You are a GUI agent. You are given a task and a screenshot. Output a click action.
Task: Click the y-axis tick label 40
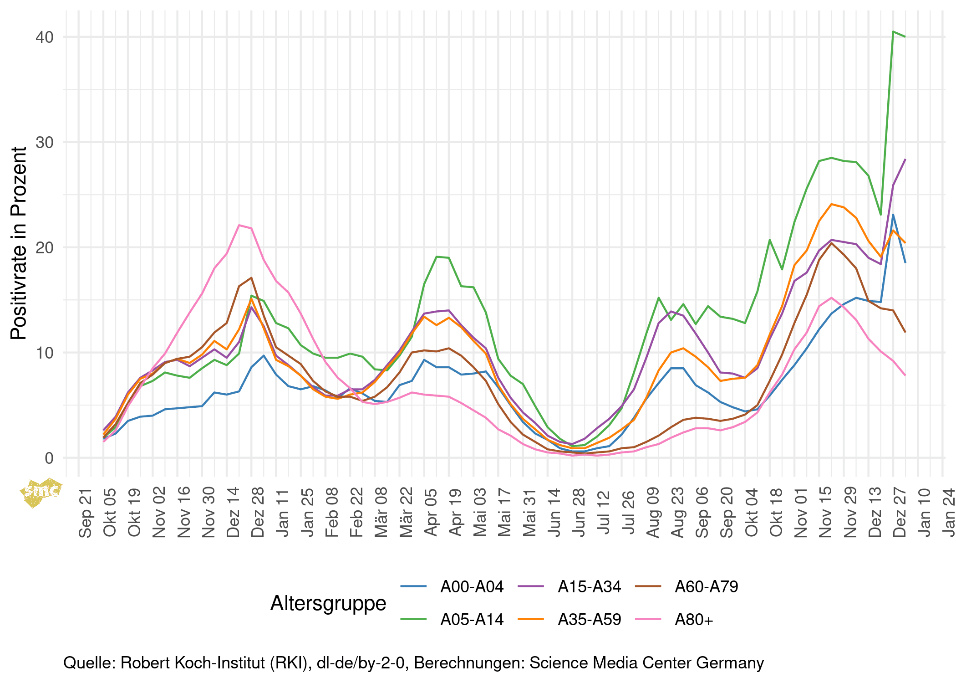[x=44, y=37]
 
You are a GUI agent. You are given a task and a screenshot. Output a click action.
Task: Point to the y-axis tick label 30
[x=44, y=142]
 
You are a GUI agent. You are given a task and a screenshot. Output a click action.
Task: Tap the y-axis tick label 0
[x=49, y=458]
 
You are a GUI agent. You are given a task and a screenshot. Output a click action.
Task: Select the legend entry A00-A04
[x=472, y=586]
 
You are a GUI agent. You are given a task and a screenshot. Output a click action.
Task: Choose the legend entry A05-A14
[x=472, y=619]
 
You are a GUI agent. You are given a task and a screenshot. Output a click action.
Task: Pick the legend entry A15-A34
[x=589, y=586]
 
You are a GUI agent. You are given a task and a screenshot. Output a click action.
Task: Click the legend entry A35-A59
[x=589, y=619]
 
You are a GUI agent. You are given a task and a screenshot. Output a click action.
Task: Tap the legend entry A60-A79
[x=706, y=586]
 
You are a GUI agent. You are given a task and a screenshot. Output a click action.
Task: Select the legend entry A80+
[x=694, y=619]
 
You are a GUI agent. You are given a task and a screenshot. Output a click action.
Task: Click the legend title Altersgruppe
[x=328, y=603]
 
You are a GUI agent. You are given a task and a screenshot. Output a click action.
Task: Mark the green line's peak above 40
[x=893, y=31]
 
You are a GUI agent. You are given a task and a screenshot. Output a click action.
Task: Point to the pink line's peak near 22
[x=239, y=225]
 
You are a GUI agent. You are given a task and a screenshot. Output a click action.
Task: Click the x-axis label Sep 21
[x=86, y=513]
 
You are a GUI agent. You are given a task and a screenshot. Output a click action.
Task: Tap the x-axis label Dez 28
[x=258, y=513]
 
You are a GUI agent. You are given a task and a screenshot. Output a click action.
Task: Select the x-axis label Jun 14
[x=554, y=513]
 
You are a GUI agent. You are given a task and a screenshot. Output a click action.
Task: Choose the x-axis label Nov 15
[x=825, y=513]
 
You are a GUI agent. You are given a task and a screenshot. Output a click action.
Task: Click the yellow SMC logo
[x=41, y=492]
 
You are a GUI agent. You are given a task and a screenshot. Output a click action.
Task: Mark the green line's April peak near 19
[x=437, y=257]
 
